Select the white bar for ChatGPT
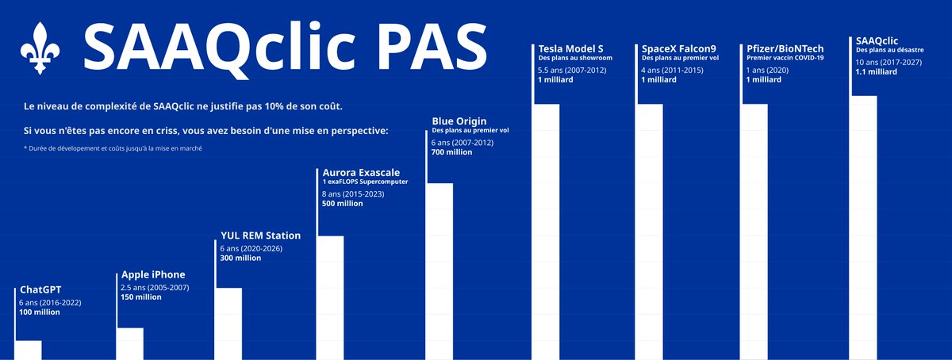[x=28, y=350]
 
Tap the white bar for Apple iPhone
[x=130, y=343]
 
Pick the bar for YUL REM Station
[x=228, y=324]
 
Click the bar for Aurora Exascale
[x=330, y=297]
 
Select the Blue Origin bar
[x=440, y=271]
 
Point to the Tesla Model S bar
[x=546, y=232]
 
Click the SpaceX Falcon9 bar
[x=649, y=232]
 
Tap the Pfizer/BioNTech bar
[x=754, y=232]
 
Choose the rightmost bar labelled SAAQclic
[x=863, y=228]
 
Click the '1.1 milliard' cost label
[x=877, y=72]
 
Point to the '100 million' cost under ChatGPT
[x=39, y=312]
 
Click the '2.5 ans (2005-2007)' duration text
[x=155, y=287]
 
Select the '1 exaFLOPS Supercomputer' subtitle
[x=365, y=182]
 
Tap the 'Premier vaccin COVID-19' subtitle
[x=785, y=58]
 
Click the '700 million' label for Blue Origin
[x=451, y=151]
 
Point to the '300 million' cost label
[x=240, y=258]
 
